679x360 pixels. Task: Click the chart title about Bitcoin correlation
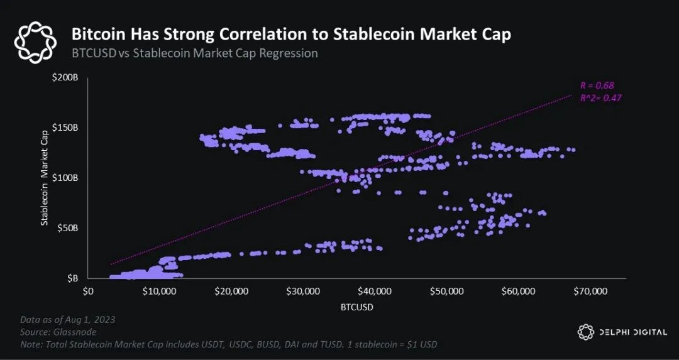pos(290,35)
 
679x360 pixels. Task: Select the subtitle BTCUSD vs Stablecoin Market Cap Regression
pos(194,53)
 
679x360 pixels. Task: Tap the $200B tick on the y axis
pos(65,77)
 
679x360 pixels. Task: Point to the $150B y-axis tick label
pos(65,128)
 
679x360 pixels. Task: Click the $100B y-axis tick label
pos(65,178)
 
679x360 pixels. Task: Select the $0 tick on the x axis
pos(88,292)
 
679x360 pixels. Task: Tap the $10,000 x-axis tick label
pos(160,292)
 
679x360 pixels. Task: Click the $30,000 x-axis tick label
pos(304,292)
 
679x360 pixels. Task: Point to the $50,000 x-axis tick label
pos(447,292)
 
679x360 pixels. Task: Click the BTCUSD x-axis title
pos(356,308)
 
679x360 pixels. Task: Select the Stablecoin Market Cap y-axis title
pos(45,178)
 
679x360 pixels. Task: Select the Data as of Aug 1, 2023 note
pos(67,320)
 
